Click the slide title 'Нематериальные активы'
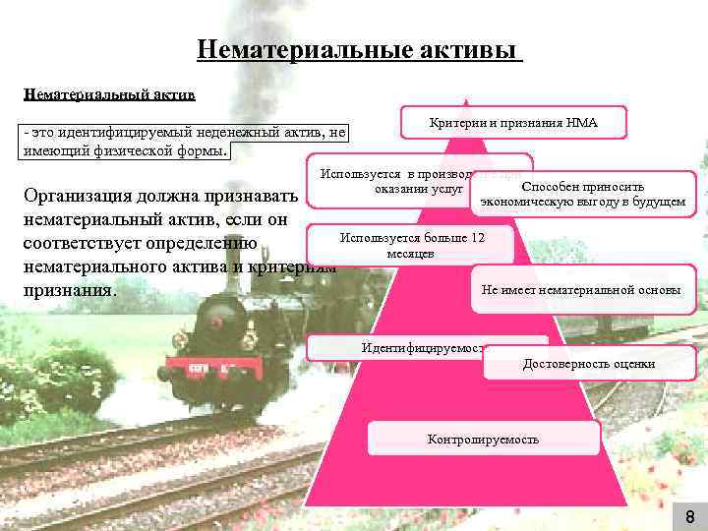[x=359, y=49]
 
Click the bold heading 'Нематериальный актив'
[x=109, y=95]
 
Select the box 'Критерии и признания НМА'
[x=513, y=123]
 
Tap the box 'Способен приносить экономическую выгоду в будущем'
[x=583, y=194]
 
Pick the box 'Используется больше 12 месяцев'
[x=411, y=245]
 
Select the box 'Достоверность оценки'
[x=589, y=365]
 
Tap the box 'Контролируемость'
[x=483, y=439]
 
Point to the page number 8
[x=689, y=517]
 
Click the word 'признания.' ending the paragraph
[x=70, y=291]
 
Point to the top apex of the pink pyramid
[x=467, y=101]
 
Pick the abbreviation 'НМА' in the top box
[x=581, y=123]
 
